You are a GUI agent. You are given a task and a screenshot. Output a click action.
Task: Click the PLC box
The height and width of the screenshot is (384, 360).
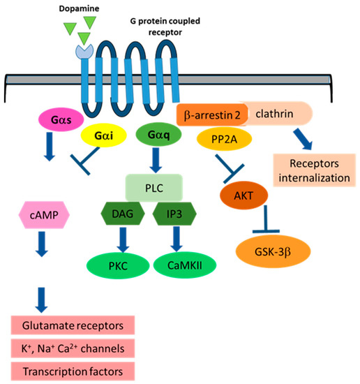point(154,187)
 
